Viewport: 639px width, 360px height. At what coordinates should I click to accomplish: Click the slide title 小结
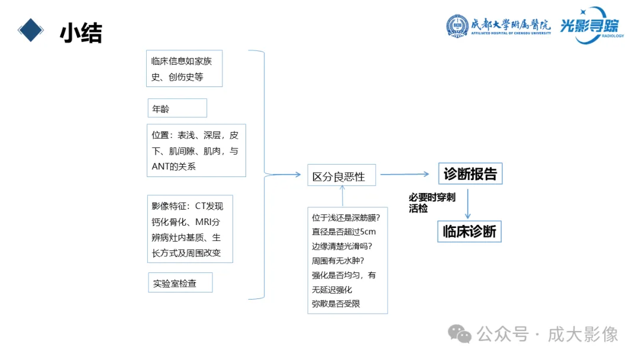pyautogui.click(x=80, y=34)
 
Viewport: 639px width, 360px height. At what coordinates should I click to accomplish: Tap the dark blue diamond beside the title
pyautogui.click(x=31, y=28)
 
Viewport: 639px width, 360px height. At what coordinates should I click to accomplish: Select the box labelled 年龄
pyautogui.click(x=177, y=108)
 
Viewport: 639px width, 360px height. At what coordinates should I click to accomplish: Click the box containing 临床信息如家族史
pyautogui.click(x=184, y=69)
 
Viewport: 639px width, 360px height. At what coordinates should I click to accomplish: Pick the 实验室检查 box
pyautogui.click(x=180, y=283)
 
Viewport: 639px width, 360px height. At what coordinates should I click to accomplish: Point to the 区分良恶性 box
pyautogui.click(x=341, y=175)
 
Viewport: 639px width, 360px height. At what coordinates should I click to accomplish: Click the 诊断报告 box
pyautogui.click(x=470, y=174)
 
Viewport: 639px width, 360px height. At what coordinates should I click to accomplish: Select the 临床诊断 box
pyautogui.click(x=469, y=231)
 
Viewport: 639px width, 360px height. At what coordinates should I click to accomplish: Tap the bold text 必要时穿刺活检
pyautogui.click(x=431, y=202)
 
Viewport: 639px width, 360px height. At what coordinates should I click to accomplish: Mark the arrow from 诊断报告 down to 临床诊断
pyautogui.click(x=468, y=204)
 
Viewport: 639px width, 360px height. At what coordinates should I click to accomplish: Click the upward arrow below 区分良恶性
pyautogui.click(x=343, y=196)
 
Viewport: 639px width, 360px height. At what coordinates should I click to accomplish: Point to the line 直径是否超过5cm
pyautogui.click(x=344, y=232)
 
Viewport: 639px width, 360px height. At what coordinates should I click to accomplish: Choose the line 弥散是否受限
pyautogui.click(x=335, y=304)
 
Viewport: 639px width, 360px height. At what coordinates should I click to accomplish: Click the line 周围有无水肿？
pyautogui.click(x=337, y=261)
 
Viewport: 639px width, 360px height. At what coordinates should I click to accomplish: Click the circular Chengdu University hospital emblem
pyautogui.click(x=457, y=26)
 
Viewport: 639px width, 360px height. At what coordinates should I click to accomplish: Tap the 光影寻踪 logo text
pyautogui.click(x=589, y=26)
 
